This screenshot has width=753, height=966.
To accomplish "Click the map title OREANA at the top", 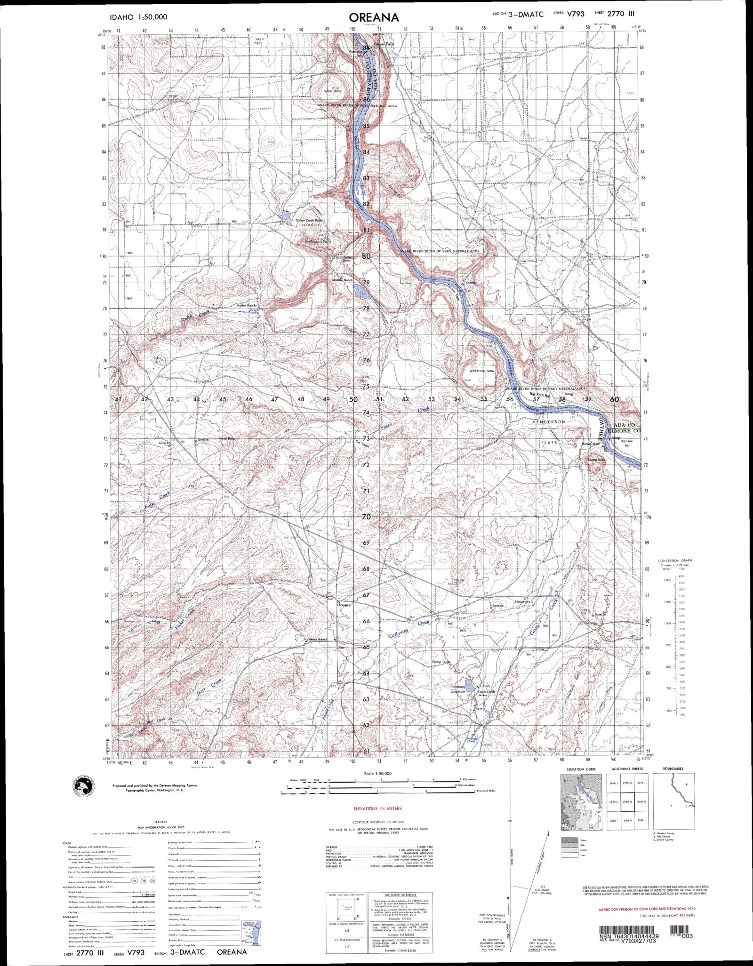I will [374, 17].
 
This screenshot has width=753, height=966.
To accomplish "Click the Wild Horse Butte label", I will [478, 371].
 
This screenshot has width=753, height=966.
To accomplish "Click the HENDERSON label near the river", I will [549, 422].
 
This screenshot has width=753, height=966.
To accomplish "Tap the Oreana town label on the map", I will [344, 605].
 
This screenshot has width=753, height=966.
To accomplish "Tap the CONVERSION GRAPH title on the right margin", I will [674, 561].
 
